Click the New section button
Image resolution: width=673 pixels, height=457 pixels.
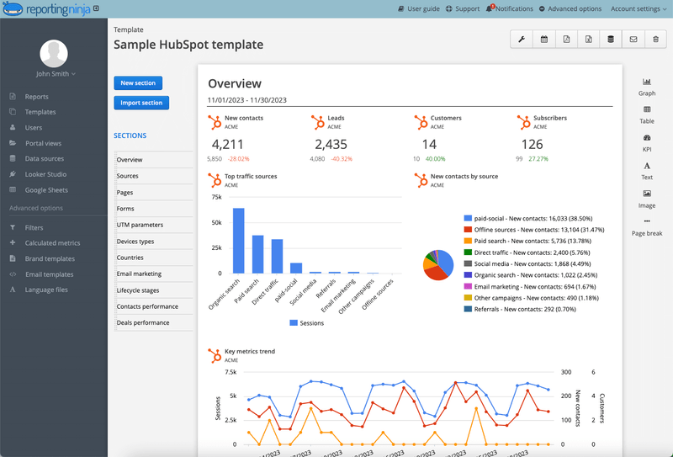pos(138,82)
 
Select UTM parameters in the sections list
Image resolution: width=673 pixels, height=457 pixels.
pos(140,225)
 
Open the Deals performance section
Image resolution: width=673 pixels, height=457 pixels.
pos(143,322)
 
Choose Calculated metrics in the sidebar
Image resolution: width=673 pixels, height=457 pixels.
pos(52,243)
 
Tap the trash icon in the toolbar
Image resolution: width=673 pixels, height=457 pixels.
pos(656,40)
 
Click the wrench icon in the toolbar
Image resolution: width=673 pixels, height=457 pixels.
pos(522,40)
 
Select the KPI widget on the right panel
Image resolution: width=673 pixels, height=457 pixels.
pos(646,143)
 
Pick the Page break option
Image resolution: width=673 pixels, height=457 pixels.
pos(646,227)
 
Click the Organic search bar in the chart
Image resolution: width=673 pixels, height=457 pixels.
pos(239,241)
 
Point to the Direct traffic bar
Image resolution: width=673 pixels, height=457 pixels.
pos(277,256)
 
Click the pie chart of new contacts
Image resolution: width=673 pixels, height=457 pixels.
pos(437,263)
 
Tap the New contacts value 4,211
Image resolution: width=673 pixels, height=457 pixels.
pos(227,144)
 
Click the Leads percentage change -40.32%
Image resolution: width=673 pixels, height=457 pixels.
pos(341,158)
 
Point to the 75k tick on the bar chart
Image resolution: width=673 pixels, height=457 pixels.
pos(215,198)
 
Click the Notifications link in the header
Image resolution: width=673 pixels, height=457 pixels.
pos(510,8)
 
